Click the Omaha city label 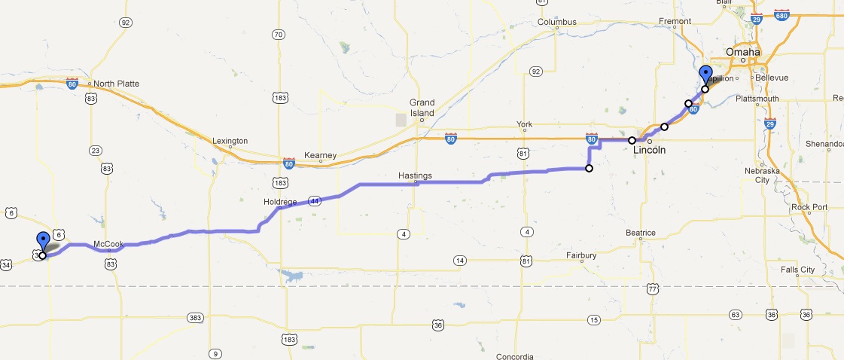tap(742, 51)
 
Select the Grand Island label tap(422, 108)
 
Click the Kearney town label tap(319, 155)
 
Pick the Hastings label tap(415, 175)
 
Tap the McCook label tap(108, 244)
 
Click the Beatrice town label tap(641, 233)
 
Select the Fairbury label tap(580, 255)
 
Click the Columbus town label tap(556, 22)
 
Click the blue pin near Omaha tap(705, 75)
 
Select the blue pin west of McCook tap(43, 242)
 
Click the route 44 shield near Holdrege tap(315, 201)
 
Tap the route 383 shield tap(195, 316)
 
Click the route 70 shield tap(278, 35)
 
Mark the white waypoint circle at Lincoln tap(632, 140)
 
